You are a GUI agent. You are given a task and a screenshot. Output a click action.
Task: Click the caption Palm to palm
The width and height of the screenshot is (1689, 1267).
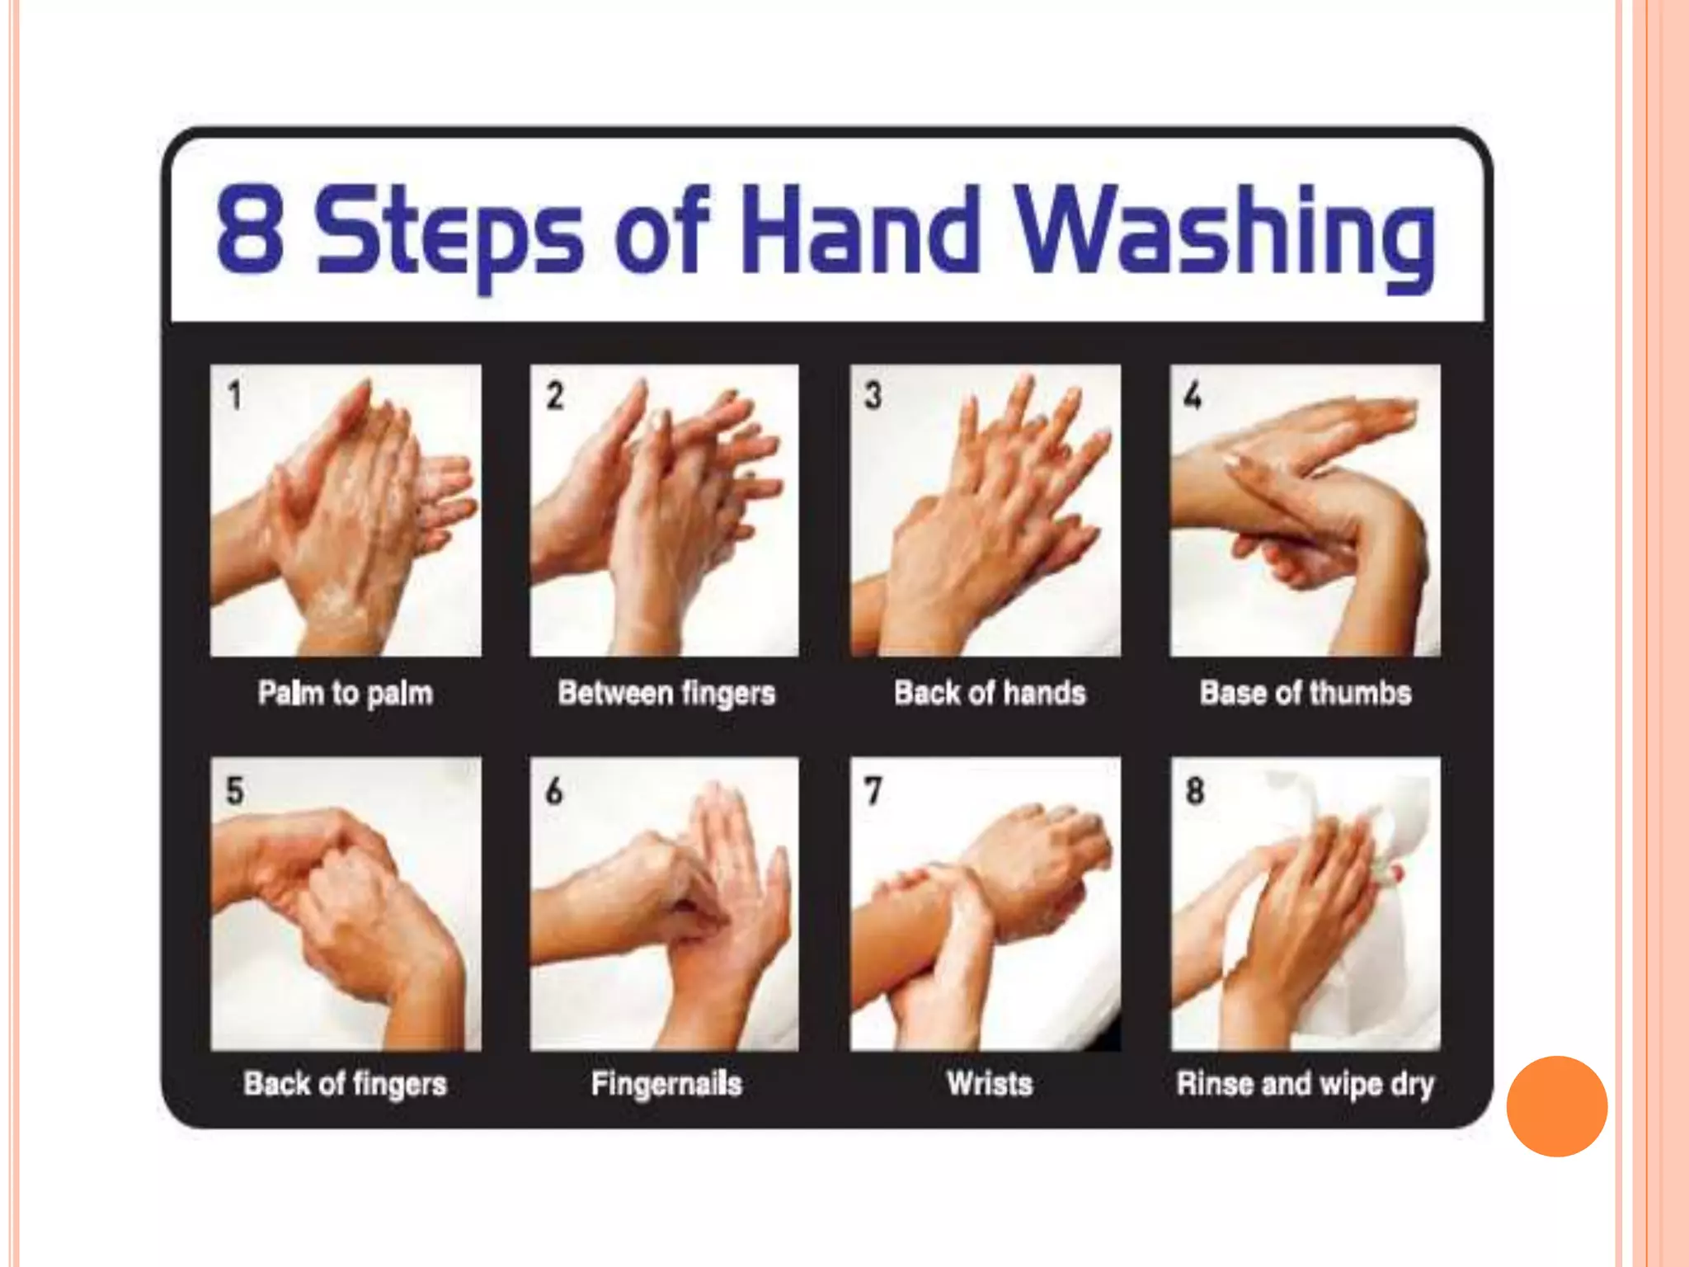[x=345, y=693]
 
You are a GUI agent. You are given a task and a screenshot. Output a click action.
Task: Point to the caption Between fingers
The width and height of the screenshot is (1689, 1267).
[x=666, y=693]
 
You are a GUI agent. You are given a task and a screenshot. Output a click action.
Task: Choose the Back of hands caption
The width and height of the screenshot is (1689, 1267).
[x=990, y=693]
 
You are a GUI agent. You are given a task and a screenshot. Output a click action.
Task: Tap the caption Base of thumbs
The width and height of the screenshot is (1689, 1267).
[x=1306, y=693]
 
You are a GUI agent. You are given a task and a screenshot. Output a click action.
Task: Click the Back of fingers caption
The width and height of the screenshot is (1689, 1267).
[x=345, y=1083]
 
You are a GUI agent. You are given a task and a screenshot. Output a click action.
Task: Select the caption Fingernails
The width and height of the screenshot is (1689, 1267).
[x=666, y=1083]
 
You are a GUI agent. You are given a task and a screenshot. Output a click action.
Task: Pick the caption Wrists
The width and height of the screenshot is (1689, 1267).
[x=990, y=1083]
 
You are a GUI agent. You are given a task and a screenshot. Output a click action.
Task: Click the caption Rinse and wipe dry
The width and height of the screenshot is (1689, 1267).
[x=1306, y=1083]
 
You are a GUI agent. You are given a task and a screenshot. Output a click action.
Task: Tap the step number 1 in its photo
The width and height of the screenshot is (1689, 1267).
[x=235, y=395]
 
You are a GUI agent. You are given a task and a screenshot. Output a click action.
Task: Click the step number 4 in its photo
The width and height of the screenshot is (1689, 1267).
[x=1193, y=395]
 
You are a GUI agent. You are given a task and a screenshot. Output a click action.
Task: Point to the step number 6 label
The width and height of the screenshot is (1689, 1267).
[x=554, y=790]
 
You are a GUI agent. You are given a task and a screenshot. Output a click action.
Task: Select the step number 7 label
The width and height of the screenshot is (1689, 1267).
[x=873, y=790]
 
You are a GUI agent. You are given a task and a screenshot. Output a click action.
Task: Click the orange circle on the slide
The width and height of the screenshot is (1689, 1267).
[x=1556, y=1106]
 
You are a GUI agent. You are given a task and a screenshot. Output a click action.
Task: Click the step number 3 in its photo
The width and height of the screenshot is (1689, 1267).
[x=873, y=395]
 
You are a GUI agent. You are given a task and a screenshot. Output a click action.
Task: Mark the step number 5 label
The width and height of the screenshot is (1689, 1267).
[x=235, y=790]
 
